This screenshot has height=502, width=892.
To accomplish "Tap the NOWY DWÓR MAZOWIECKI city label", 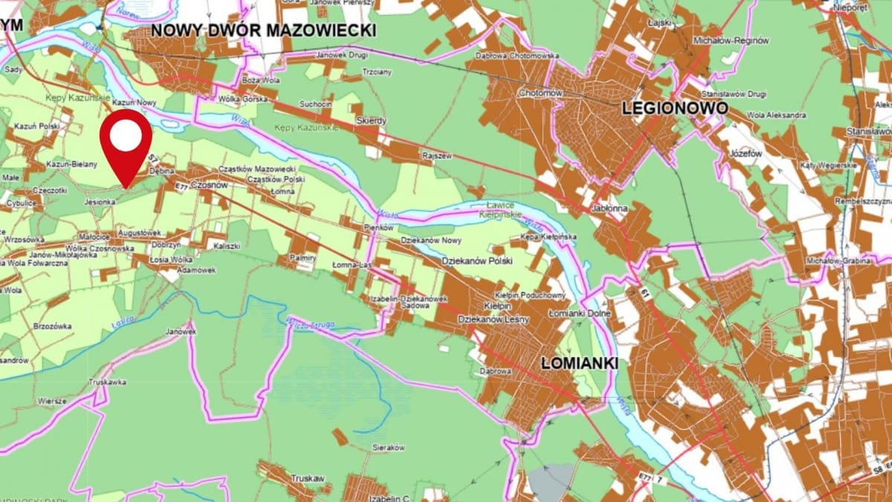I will coord(263,30).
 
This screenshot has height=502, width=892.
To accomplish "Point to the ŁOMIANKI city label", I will coord(580,363).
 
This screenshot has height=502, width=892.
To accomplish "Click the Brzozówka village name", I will coord(52,326).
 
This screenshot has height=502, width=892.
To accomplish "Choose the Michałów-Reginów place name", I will coord(731,40).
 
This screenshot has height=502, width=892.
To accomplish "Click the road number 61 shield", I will coord(641,297).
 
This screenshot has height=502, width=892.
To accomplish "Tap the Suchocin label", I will coord(315,103).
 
